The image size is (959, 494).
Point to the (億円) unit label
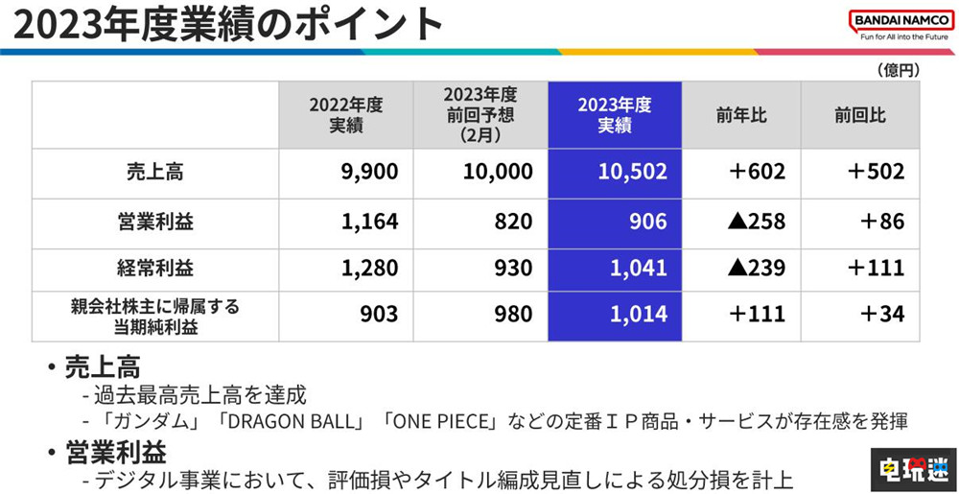(x=898, y=70)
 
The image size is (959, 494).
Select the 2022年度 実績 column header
(x=346, y=115)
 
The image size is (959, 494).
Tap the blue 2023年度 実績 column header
(x=615, y=115)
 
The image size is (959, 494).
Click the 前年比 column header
(x=741, y=115)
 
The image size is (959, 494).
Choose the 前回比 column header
(x=860, y=115)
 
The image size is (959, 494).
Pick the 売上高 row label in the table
(x=154, y=173)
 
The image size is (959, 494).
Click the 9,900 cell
(x=369, y=173)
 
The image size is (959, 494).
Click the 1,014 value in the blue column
(x=638, y=315)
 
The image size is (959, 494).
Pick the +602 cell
(x=757, y=173)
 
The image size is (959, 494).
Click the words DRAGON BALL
(x=295, y=421)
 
